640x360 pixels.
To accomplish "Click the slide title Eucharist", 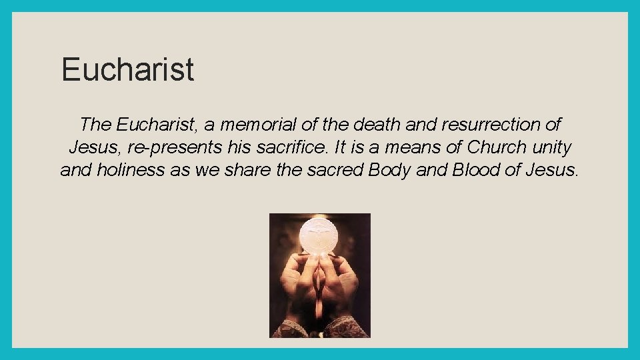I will point(127,70).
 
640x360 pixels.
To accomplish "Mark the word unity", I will point(552,147).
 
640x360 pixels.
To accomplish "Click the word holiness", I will point(131,170).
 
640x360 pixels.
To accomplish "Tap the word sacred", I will point(335,170).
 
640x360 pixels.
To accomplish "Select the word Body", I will point(389,170).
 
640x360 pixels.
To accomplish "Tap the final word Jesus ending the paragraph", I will point(552,170).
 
